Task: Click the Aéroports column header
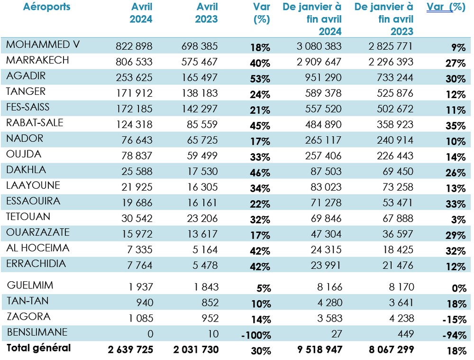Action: click(x=46, y=7)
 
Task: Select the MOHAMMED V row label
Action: click(x=43, y=45)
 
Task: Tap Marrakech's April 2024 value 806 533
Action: click(x=135, y=62)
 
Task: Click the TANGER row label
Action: click(x=26, y=91)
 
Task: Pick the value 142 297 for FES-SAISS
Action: click(x=200, y=109)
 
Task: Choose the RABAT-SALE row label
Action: click(x=35, y=123)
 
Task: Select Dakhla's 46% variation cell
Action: click(x=260, y=173)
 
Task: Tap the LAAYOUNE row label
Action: click(x=33, y=185)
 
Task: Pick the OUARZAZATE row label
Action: click(x=38, y=232)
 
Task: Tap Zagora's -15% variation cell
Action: click(x=455, y=319)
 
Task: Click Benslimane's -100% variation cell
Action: click(x=256, y=335)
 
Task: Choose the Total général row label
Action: click(x=38, y=348)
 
